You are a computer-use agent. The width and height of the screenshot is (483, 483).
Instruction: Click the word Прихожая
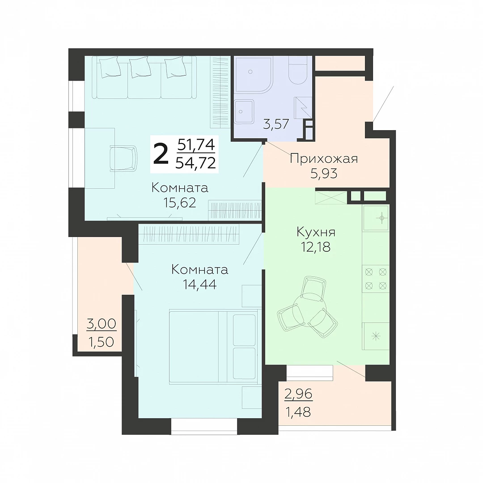tap(324, 159)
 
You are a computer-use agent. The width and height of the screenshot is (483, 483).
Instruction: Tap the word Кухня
tap(316, 232)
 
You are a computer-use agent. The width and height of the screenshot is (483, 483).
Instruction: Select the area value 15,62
tap(180, 203)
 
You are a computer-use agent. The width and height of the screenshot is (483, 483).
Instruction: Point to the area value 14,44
tap(199, 284)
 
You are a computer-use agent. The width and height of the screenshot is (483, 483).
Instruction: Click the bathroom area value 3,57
tap(276, 124)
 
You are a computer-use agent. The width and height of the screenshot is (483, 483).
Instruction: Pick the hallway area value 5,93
tap(324, 174)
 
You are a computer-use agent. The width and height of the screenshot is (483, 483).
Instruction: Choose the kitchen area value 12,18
tap(316, 247)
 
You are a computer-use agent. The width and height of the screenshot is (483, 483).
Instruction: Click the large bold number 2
tap(161, 155)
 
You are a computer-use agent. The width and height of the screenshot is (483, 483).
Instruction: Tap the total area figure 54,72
tap(195, 163)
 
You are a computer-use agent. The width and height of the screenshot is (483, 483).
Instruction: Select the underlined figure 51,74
tap(196, 144)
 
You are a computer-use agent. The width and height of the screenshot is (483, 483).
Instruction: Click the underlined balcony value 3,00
tap(102, 324)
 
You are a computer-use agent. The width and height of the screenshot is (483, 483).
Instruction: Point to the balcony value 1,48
tap(298, 412)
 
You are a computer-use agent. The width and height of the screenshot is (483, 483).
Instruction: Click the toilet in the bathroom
tap(297, 70)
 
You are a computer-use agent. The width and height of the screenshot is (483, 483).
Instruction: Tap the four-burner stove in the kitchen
tap(376, 279)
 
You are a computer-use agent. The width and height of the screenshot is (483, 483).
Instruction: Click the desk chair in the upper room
tap(123, 158)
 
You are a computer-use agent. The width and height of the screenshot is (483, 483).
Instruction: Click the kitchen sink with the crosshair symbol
tap(376, 218)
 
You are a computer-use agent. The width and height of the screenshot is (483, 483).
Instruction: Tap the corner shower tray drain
tap(250, 72)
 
